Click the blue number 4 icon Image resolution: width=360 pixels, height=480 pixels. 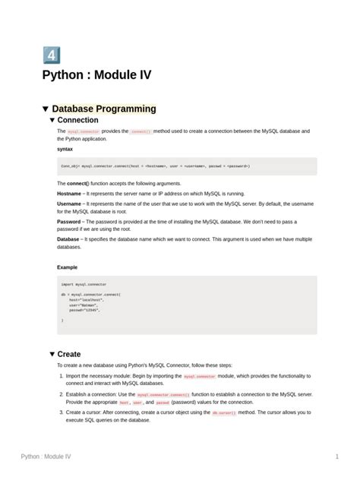coord(51,55)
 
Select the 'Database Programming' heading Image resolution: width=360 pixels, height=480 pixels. coord(104,109)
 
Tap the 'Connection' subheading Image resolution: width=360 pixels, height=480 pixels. coord(77,120)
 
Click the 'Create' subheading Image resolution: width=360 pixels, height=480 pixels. coord(69,354)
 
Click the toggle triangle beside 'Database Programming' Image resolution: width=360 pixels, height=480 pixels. coord(46,109)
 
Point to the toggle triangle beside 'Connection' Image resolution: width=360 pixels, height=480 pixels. coord(52,120)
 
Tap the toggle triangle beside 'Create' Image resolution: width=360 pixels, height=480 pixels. coord(52,354)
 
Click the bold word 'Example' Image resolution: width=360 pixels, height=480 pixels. coord(68,267)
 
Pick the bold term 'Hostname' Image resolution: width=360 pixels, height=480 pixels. coord(70,194)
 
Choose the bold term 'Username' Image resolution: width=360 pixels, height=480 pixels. coord(70,204)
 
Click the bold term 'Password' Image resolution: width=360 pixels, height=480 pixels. coord(70,222)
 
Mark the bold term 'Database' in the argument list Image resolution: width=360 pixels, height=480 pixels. coord(68,239)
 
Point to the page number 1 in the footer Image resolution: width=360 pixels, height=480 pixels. coord(336,456)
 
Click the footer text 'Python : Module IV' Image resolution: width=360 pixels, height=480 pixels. coord(46,456)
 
